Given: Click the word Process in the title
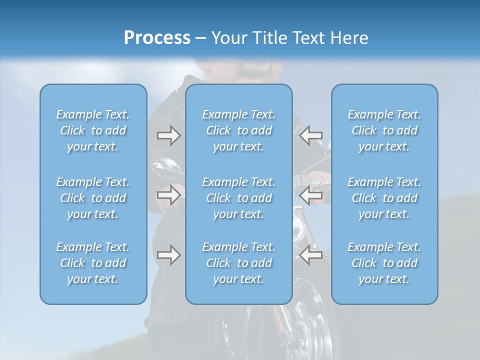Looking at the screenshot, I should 156,38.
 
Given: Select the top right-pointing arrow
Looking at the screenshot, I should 168,135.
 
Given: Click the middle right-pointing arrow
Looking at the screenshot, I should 168,194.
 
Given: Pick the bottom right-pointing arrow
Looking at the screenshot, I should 168,255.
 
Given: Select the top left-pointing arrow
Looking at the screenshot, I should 310,135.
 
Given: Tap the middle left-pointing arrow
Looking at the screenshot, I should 310,194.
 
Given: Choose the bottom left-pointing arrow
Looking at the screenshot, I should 310,255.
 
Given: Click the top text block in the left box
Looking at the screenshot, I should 93,130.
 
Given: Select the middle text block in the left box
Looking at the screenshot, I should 93,198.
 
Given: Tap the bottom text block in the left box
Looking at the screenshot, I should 93,263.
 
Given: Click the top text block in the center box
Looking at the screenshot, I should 238,130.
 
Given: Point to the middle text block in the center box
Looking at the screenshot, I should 238,198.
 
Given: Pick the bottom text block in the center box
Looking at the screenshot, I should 238,263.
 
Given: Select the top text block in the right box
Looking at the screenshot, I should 384,130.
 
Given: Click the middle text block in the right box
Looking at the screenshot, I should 384,198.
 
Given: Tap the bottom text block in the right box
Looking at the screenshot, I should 384,263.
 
